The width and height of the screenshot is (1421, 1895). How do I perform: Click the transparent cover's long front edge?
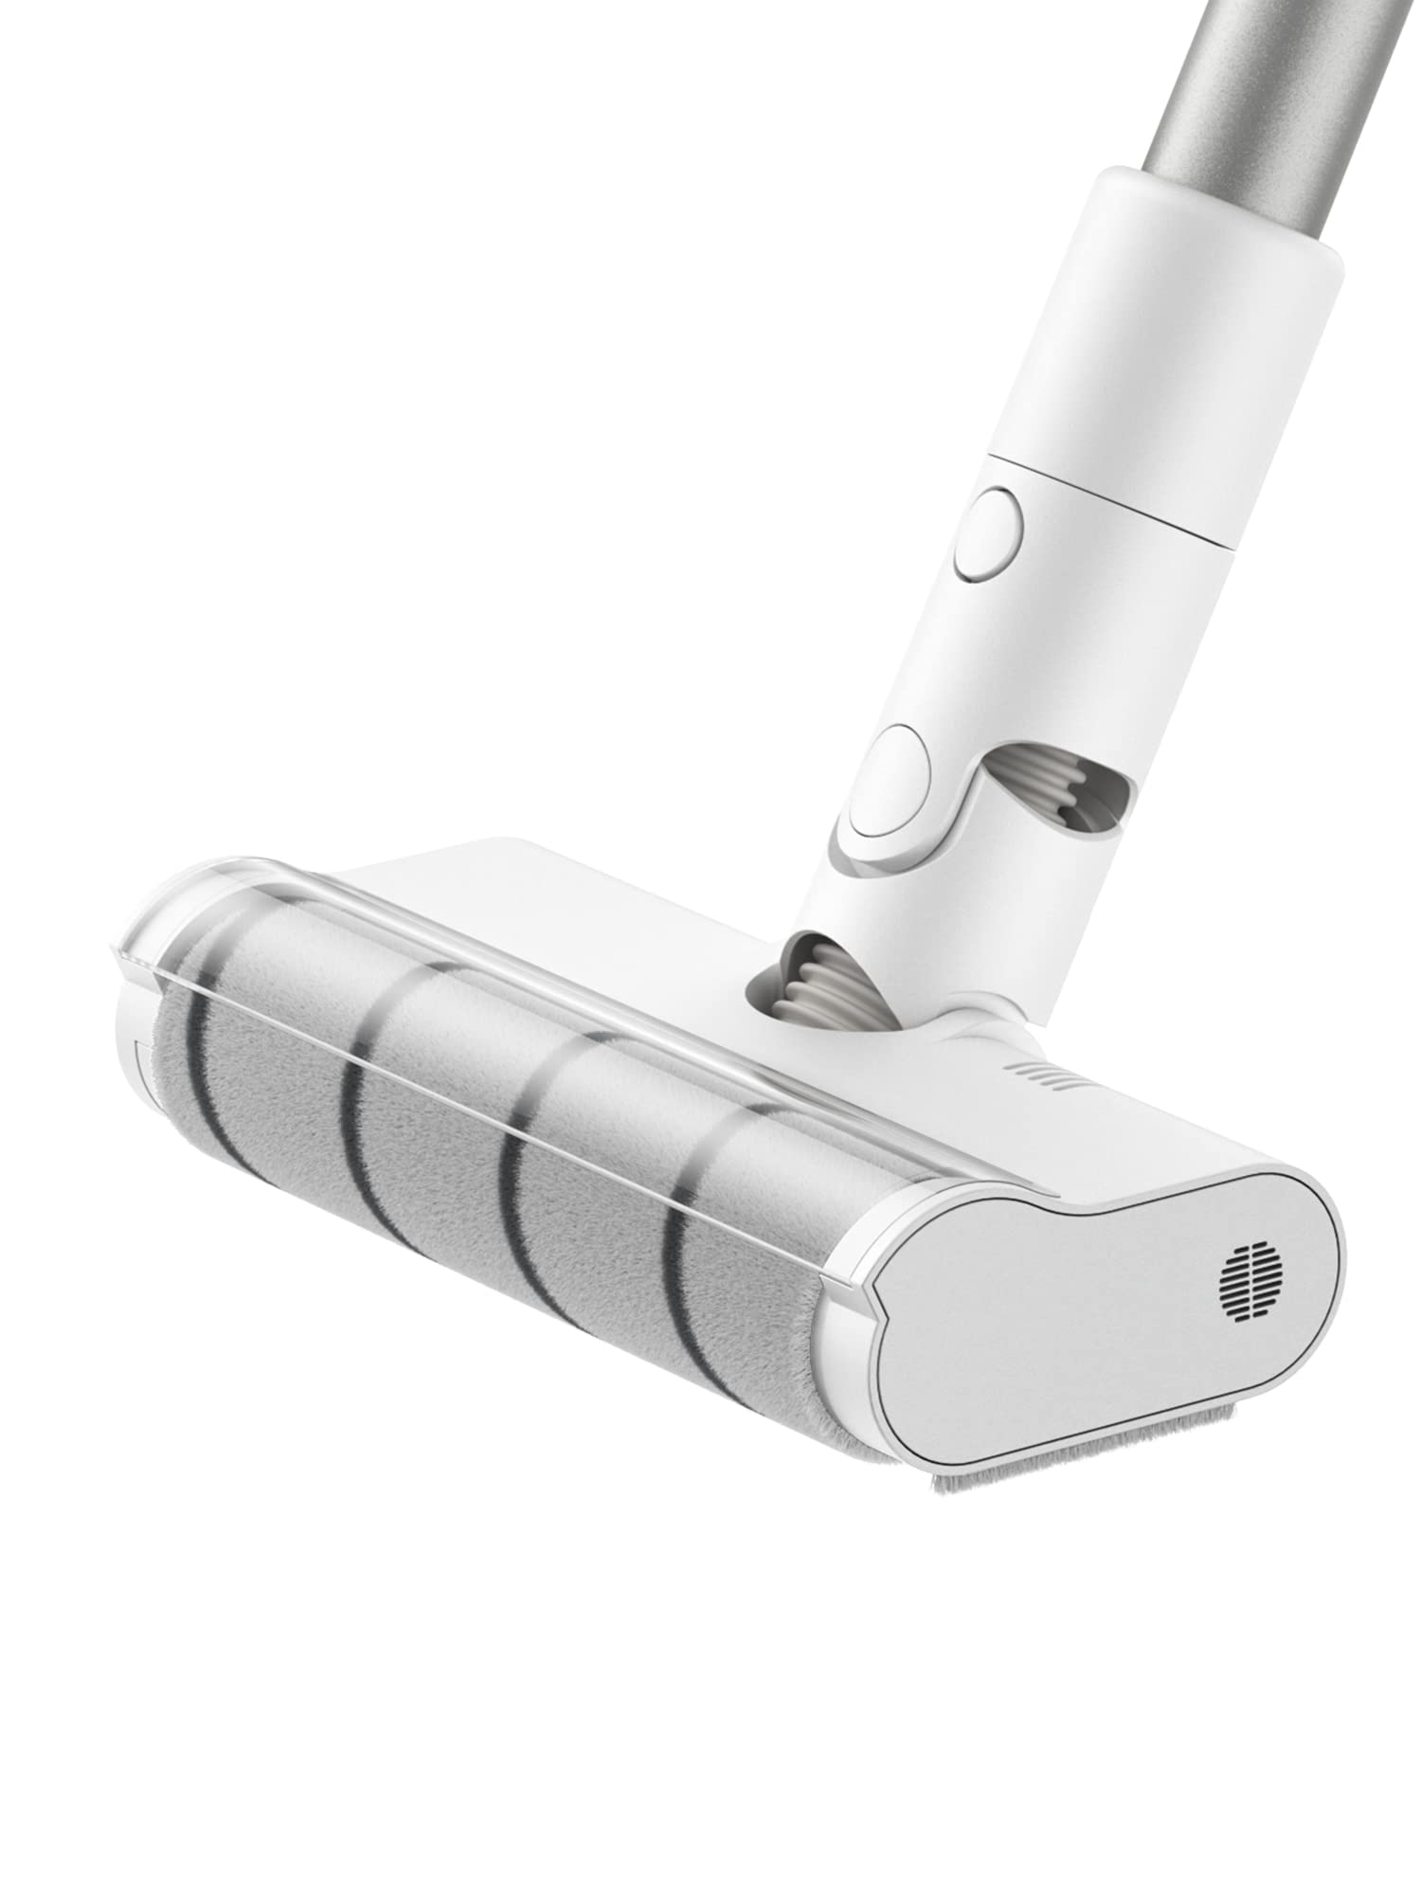point(474,1099)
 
